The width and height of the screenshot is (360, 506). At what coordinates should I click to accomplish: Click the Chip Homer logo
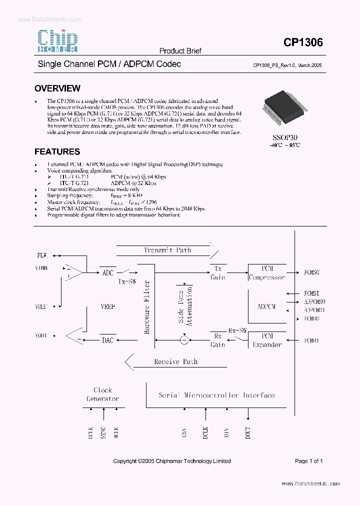coord(58,41)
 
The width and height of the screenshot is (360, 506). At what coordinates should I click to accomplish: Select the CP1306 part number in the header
coord(303,43)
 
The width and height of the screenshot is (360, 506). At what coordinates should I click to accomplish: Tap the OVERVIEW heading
coord(57,88)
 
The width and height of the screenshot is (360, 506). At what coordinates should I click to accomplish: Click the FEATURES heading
coord(57,151)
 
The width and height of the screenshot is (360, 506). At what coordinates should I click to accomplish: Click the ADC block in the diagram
coord(108,273)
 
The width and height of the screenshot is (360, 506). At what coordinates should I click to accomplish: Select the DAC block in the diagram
coord(108,340)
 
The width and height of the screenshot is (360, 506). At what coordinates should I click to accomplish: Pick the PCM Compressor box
coord(267,273)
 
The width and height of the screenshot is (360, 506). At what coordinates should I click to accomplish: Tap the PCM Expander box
coord(267,340)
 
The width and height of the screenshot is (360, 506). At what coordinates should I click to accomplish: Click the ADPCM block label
coord(266,306)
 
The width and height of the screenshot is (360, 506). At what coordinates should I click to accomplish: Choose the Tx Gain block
coord(218,273)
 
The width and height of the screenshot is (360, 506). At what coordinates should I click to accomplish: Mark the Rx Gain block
coord(218,340)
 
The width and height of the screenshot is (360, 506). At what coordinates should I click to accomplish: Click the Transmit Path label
coord(167,250)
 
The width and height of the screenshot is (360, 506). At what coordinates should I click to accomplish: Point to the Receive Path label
coord(175,361)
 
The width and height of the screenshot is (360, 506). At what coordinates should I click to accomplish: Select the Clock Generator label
coord(103,394)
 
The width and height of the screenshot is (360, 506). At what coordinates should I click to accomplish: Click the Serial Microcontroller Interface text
coord(216,395)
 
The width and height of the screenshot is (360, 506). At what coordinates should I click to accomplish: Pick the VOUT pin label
coord(41,336)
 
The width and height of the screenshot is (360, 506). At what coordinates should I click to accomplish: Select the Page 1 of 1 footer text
coord(308,461)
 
